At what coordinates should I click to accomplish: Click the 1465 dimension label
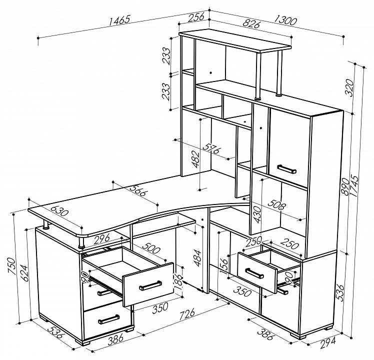pos(119,20)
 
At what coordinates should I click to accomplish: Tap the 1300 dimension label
pos(285,20)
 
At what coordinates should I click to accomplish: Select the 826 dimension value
pos(251,24)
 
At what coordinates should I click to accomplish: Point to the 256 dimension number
pos(196,17)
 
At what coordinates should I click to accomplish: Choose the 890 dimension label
pos(345,186)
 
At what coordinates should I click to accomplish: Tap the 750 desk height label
pos(11,266)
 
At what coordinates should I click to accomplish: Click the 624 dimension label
pos(24,273)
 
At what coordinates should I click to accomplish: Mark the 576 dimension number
pos(212,148)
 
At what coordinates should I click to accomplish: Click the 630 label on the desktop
pos(59,209)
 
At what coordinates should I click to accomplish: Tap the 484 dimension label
pos(197,258)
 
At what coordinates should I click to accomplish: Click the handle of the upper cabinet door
pos(287,169)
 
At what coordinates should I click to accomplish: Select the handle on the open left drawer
pos(150,285)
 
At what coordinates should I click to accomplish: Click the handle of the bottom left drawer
pos(109,319)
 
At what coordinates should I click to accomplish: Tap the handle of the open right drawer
pos(254,273)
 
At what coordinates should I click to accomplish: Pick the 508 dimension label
pos(276,205)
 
